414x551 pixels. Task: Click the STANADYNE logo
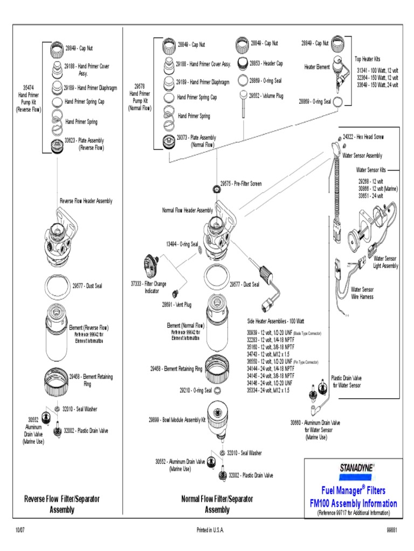coord(356,467)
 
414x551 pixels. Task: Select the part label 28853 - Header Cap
coord(266,63)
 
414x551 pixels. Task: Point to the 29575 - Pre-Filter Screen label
coord(240,183)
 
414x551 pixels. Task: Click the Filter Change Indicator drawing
coord(150,266)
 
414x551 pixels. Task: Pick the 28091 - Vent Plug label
coord(177,304)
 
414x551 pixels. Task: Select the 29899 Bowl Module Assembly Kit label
coord(177,419)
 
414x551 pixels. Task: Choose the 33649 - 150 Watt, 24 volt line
coord(377,84)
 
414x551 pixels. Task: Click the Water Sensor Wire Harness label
coord(362,293)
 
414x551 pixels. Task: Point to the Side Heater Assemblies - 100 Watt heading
coord(279,321)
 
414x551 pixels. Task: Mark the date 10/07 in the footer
coord(20,530)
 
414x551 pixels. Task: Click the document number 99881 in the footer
coord(391,530)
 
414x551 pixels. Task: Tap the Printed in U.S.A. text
coord(210,530)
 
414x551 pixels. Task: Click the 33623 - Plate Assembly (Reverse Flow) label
coord(85,144)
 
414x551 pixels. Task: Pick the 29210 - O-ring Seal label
coord(196,391)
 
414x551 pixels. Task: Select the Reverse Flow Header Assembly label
coord(86,201)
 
